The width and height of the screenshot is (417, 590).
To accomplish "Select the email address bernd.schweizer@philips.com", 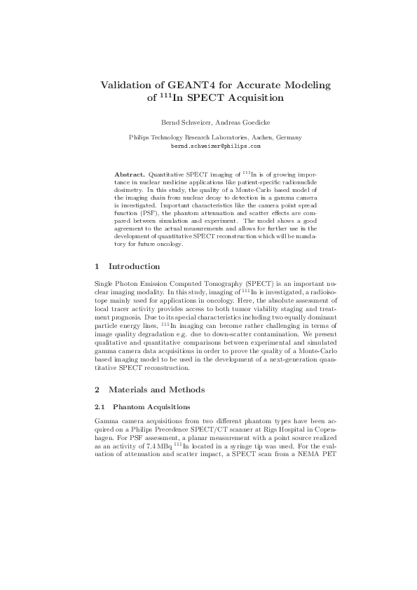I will point(216,147).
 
